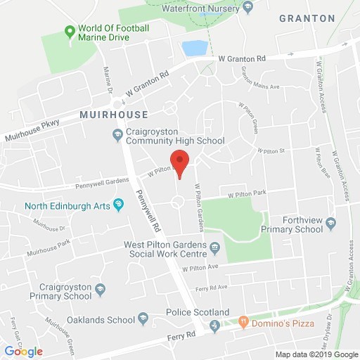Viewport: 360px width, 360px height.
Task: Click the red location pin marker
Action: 180,163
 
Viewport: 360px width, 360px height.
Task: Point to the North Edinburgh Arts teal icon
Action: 117,206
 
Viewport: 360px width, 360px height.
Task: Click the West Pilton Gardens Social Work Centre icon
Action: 215,247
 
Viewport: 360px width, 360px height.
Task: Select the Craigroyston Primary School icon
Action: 101,289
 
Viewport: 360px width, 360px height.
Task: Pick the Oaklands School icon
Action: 143,319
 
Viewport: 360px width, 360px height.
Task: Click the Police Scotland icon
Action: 215,325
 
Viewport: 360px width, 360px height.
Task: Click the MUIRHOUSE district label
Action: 114,115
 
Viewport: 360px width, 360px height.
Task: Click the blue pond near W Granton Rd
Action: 195,48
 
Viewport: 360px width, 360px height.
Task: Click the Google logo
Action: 23,351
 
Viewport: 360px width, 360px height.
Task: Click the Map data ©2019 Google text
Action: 316,354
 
